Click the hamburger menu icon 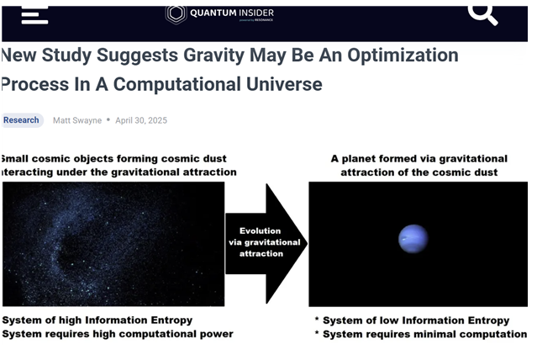coord(34,15)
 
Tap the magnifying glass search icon coord(482,15)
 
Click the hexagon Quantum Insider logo coord(176,14)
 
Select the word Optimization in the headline coord(403,56)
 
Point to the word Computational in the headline coord(177,84)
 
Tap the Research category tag coord(21,120)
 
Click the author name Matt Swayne coord(77,120)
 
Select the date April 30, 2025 coord(141,120)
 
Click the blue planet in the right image coord(413,239)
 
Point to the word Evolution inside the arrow coord(260,230)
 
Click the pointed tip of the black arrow coord(308,243)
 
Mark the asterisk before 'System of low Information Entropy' coord(317,319)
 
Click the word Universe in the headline coord(284,84)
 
